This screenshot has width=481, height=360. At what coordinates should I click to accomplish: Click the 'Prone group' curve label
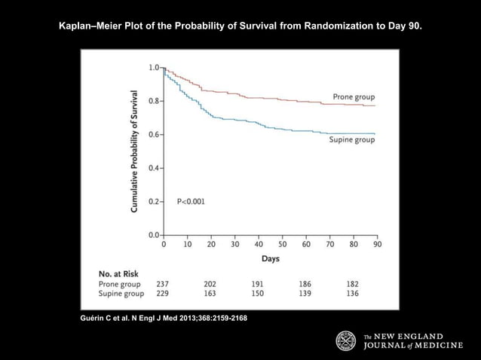354,97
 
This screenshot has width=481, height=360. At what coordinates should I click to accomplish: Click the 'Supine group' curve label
353,140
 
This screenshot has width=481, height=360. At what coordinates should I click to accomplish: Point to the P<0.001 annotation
190,201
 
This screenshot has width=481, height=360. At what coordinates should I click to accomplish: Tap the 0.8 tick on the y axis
152,101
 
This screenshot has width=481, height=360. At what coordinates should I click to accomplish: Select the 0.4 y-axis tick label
152,168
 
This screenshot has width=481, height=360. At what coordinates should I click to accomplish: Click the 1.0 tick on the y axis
152,68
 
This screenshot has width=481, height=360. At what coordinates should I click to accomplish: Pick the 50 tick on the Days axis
282,244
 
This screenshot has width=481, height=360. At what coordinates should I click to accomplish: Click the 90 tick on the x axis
377,244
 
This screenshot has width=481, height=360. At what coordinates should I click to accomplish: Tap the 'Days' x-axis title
271,258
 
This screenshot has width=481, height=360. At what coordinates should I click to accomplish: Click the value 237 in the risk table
162,283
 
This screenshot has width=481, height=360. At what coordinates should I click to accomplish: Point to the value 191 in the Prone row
259,283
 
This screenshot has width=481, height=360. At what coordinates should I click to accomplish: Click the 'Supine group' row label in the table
123,293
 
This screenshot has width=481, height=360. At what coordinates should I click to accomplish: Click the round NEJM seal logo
346,340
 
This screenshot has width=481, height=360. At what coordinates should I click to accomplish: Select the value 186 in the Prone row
305,283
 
